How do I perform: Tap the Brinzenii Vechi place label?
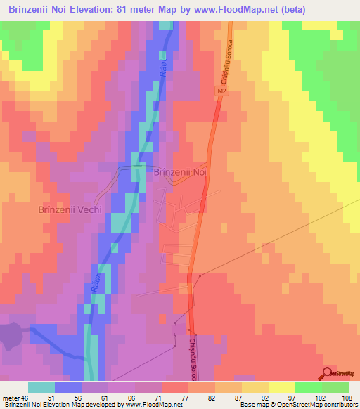pyautogui.click(x=70, y=209)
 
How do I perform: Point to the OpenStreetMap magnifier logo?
pyautogui.click(x=328, y=373)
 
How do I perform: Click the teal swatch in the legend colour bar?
pyautogui.click(x=41, y=387)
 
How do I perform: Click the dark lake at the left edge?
pyautogui.click(x=11, y=335)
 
